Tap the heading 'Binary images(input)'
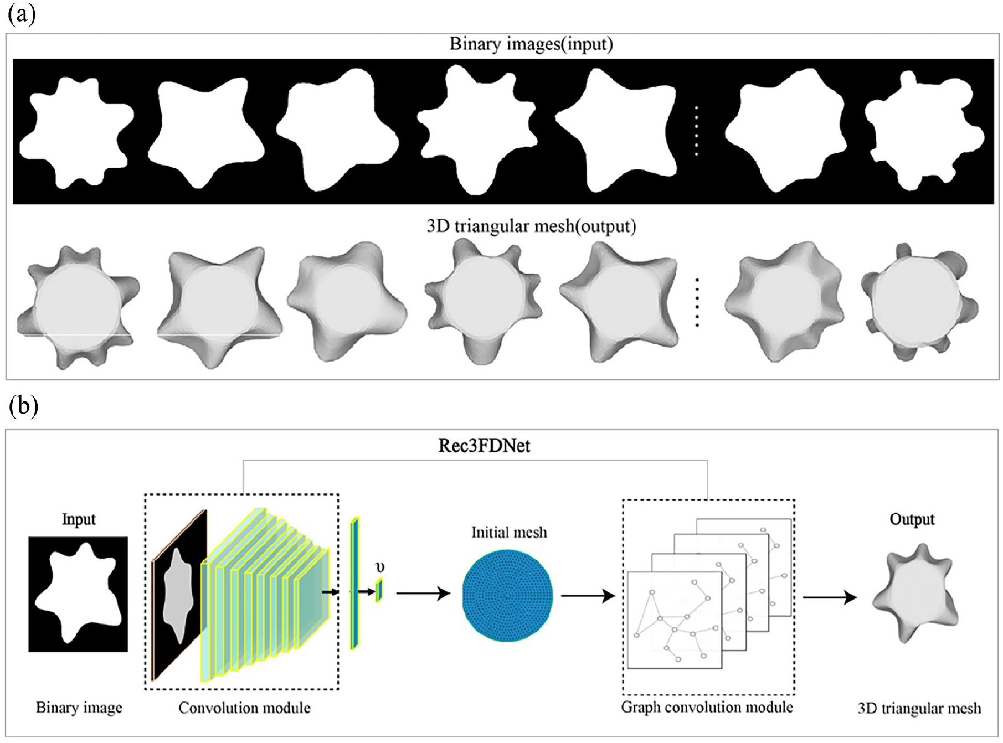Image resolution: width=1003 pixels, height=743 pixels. [531, 44]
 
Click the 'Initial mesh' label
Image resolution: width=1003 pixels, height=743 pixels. [508, 533]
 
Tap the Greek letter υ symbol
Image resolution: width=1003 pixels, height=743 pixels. [380, 568]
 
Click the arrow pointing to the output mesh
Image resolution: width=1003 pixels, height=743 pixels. [829, 597]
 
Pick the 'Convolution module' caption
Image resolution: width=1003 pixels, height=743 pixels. [244, 708]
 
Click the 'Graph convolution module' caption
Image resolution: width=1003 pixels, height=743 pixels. [707, 708]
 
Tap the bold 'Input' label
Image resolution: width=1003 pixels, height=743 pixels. [79, 519]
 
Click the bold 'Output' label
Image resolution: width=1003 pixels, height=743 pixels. [912, 519]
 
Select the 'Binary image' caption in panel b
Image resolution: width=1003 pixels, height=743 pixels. [79, 708]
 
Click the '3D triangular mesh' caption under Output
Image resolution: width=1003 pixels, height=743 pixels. [919, 708]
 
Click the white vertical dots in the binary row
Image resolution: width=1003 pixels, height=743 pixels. [697, 131]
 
